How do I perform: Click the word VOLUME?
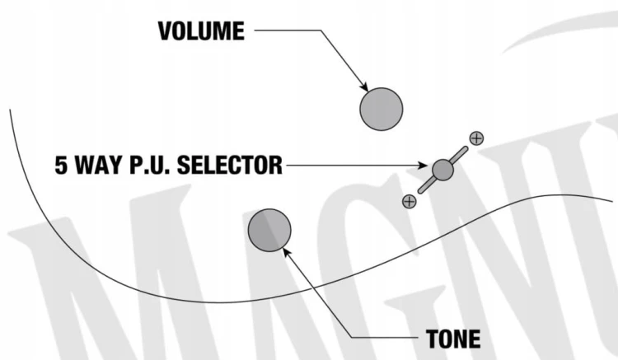pos(201,31)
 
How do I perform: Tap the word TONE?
pos(453,339)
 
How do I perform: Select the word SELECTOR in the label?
pos(229,165)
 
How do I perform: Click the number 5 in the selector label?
pos(61,165)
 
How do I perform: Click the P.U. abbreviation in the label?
pos(150,165)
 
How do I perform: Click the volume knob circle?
pos(382,109)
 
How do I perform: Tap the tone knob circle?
pos(269,230)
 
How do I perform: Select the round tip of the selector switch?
pos(442,170)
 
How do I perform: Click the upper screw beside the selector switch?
pos(476,138)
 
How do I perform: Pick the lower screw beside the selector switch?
pos(409,201)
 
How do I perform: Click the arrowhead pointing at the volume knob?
pos(364,86)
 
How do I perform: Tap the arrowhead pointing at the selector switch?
pos(422,166)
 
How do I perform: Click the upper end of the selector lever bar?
pos(466,148)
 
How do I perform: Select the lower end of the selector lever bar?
pos(420,191)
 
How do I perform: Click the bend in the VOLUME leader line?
pos(321,30)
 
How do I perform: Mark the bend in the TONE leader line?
pos(352,338)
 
